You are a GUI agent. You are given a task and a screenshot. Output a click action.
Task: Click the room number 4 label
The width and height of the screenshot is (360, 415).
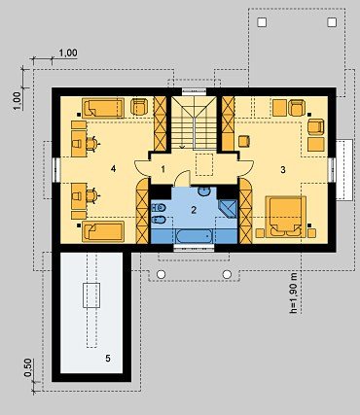(x=113, y=168)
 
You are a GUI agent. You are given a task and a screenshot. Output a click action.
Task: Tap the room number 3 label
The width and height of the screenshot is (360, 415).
(x=283, y=169)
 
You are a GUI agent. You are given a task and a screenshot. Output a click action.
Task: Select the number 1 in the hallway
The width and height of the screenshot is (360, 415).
(x=163, y=169)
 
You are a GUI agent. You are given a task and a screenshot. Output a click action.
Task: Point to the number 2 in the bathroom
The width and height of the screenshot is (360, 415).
(x=194, y=210)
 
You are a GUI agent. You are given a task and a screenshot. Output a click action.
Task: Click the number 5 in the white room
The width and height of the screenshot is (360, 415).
(x=108, y=359)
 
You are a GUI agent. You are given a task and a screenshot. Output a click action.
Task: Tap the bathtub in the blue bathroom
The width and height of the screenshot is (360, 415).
(x=194, y=236)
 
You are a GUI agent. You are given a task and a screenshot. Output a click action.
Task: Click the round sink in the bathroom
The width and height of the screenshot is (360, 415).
(x=204, y=191)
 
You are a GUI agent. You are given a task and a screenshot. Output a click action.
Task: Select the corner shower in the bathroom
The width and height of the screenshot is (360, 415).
(x=229, y=208)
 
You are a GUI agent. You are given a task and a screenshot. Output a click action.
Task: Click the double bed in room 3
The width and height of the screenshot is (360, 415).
(x=286, y=217)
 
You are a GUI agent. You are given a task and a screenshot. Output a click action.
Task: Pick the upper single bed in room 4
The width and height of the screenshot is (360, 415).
(x=103, y=108)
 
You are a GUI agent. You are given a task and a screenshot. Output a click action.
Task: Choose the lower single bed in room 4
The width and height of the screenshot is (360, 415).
(x=103, y=231)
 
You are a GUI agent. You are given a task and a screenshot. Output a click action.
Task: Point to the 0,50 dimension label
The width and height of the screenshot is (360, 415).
(x=28, y=367)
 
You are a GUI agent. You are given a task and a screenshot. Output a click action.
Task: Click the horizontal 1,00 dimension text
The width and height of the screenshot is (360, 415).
(x=68, y=52)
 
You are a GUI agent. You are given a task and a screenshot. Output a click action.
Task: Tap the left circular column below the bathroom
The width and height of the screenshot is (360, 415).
(x=161, y=274)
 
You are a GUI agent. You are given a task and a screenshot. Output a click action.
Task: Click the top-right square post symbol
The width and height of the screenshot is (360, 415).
(x=332, y=22)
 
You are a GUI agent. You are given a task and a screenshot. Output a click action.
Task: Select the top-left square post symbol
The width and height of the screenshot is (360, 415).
(x=262, y=22)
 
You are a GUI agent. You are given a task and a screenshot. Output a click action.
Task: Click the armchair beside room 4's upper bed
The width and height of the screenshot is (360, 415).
(x=139, y=107)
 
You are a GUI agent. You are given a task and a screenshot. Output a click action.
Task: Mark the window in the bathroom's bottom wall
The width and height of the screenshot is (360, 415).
(x=194, y=249)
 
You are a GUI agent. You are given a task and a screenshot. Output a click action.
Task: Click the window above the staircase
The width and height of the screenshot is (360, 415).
(x=195, y=91)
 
